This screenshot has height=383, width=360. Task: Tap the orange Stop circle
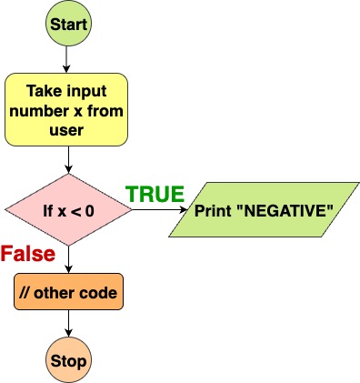pos(68,361)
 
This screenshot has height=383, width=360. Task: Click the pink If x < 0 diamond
pos(68,211)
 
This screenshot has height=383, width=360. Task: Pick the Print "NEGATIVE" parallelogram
pos(264,211)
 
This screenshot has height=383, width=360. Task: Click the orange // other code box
pos(68,294)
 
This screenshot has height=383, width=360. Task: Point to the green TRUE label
pos(155,194)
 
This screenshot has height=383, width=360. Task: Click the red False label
pos(28,254)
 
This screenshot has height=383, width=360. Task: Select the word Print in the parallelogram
pos(211,211)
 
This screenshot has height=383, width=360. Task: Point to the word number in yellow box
pos(44,111)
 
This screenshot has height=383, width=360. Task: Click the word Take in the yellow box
pos(43,92)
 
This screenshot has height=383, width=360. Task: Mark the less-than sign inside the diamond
pos(76,211)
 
